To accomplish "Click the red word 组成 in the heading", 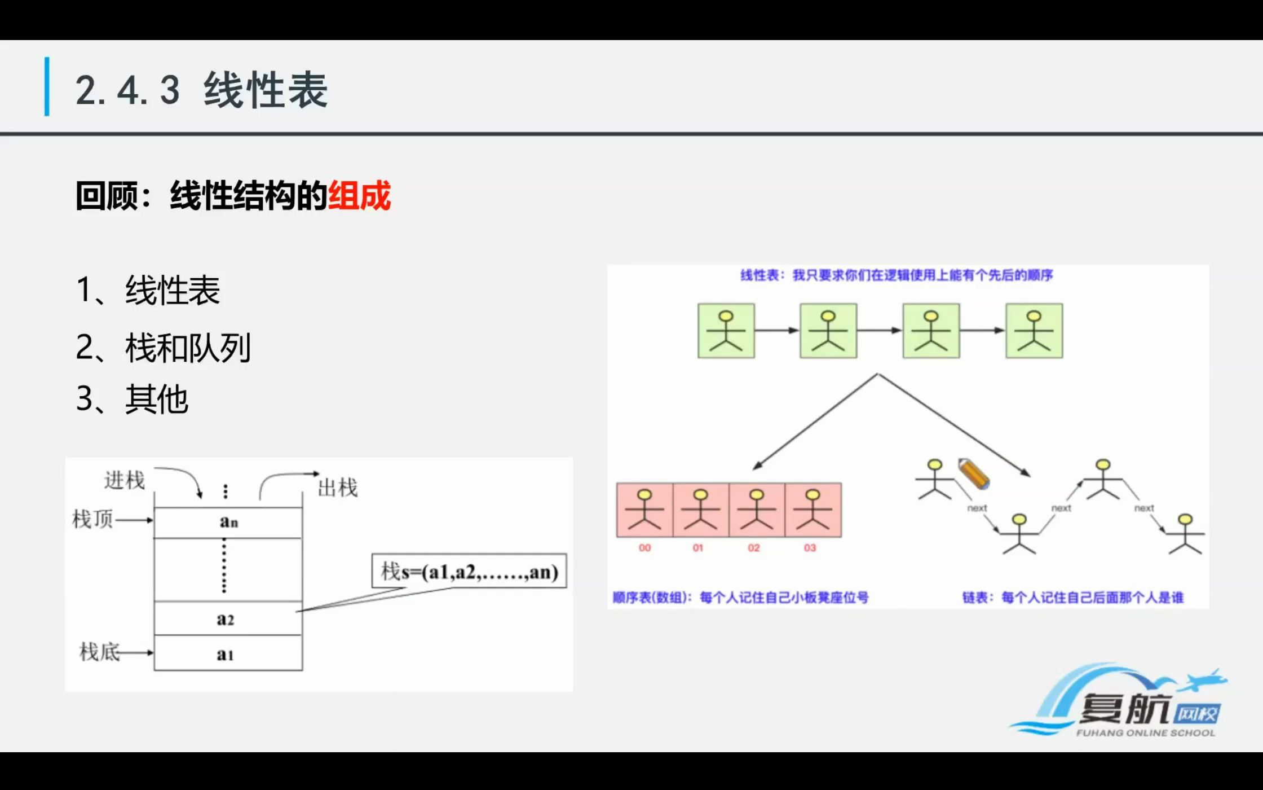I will pyautogui.click(x=359, y=196).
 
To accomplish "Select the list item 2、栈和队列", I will pyautogui.click(x=163, y=348).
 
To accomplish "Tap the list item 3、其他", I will pyautogui.click(x=132, y=400).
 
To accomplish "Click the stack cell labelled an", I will pyautogui.click(x=228, y=522).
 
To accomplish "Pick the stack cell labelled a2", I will pyautogui.click(x=226, y=619).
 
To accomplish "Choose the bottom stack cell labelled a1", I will pyautogui.click(x=226, y=653).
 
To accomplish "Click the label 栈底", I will pyautogui.click(x=99, y=652).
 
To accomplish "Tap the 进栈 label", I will pyautogui.click(x=125, y=480).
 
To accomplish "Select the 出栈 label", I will pyautogui.click(x=338, y=488).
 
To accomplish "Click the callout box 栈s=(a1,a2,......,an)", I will pyautogui.click(x=469, y=571).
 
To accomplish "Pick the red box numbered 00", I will pyautogui.click(x=644, y=510).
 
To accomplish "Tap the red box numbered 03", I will pyautogui.click(x=812, y=510).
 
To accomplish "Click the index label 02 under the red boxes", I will pyautogui.click(x=754, y=548).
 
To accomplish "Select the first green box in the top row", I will pyautogui.click(x=726, y=331).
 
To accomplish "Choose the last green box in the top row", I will pyautogui.click(x=1034, y=331).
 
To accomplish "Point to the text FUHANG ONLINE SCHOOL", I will pyautogui.click(x=1145, y=733).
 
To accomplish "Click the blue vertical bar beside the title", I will pyautogui.click(x=47, y=87).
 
